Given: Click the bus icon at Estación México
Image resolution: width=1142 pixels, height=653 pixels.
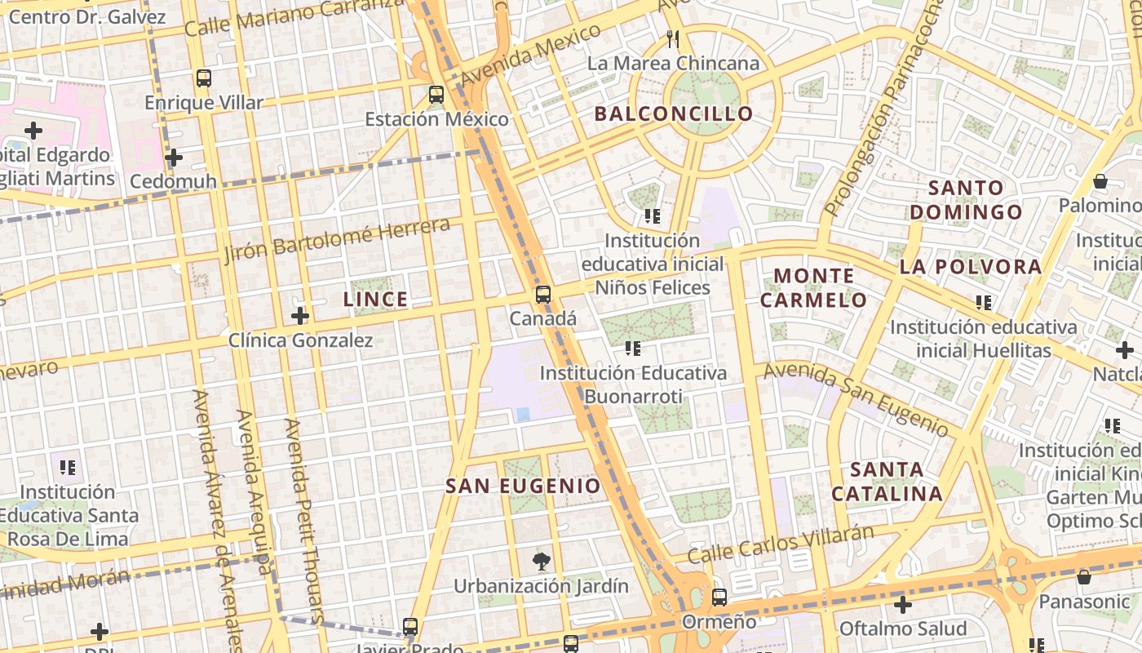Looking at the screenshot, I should pyautogui.click(x=436, y=94).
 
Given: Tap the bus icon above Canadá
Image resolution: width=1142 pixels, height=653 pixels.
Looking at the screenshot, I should pyautogui.click(x=543, y=295).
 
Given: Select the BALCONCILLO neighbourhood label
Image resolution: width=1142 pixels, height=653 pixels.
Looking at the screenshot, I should pyautogui.click(x=673, y=113).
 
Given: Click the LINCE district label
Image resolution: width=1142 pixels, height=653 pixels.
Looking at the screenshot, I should pyautogui.click(x=375, y=300).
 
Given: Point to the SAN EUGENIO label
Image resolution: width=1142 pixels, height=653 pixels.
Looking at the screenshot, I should pyautogui.click(x=523, y=486).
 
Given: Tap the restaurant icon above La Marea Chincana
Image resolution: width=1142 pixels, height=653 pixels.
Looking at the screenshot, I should pyautogui.click(x=673, y=38).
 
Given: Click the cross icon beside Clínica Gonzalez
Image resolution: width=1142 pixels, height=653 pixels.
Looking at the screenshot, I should pyautogui.click(x=300, y=315).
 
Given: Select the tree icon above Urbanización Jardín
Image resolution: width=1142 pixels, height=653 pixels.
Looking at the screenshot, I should pyautogui.click(x=541, y=561).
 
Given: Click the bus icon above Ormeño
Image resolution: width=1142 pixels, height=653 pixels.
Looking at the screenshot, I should pyautogui.click(x=719, y=597).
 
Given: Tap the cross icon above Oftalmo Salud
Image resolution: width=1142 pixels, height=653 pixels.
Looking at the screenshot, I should pyautogui.click(x=902, y=605).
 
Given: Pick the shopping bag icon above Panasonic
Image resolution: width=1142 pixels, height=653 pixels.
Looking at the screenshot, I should pyautogui.click(x=1084, y=577).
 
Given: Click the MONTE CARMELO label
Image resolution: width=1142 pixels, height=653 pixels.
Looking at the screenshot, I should pyautogui.click(x=813, y=287).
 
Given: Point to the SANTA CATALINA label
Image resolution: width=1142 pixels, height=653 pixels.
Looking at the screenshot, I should pyautogui.click(x=887, y=482).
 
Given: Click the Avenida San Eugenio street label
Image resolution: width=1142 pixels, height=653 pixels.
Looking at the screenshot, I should pyautogui.click(x=856, y=399).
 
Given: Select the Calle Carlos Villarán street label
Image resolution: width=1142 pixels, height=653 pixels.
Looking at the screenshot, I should pyautogui.click(x=780, y=544).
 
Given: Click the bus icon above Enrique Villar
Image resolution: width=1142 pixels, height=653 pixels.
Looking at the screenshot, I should pyautogui.click(x=204, y=78).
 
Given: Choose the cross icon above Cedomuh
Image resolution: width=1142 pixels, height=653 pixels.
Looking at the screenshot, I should pyautogui.click(x=173, y=157).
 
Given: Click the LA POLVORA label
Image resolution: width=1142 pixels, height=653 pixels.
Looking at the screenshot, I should pyautogui.click(x=971, y=267).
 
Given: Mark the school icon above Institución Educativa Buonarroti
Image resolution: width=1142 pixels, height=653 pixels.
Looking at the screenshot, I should pyautogui.click(x=633, y=349).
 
